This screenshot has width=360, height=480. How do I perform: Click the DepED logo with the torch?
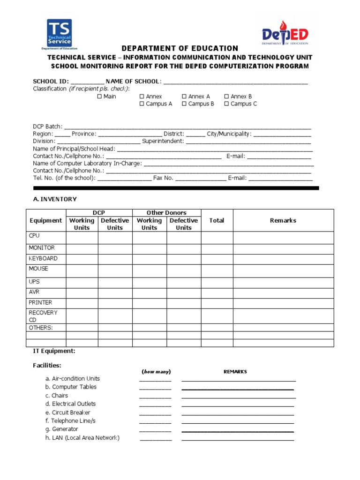285,33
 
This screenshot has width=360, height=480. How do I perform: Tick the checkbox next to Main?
99,97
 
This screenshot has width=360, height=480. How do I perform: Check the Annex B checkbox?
226,97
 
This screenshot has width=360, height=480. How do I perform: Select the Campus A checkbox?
142,104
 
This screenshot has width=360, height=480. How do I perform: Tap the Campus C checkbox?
226,104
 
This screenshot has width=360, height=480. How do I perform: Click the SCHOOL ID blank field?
88,82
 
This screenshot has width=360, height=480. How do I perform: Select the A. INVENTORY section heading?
55,199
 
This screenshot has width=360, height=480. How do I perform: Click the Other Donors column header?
166,213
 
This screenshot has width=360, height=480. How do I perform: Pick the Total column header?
217,220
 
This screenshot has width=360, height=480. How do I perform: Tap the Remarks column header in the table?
283,220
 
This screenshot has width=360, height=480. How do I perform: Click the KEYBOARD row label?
43,258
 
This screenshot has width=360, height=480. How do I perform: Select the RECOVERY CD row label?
43,316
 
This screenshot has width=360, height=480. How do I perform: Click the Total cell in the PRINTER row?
217,303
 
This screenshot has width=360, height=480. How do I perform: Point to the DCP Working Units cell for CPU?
82,238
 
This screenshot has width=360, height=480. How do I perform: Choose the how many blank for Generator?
155,429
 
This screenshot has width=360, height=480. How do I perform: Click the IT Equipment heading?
54,351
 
